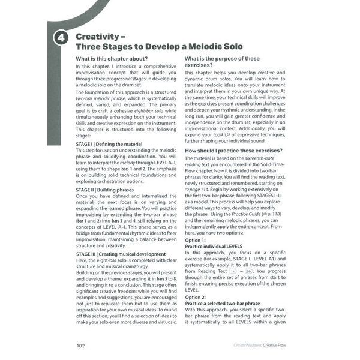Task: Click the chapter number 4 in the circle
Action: (61, 38)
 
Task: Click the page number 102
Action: (81, 345)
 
